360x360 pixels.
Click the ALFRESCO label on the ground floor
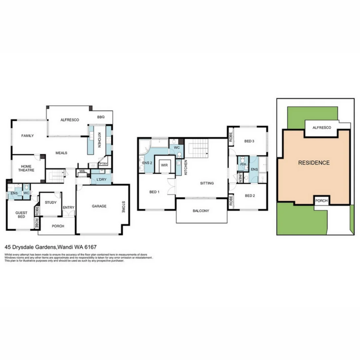click(70, 120)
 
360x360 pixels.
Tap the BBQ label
click(101, 117)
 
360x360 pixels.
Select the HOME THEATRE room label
click(26, 168)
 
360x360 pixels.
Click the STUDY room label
click(51, 202)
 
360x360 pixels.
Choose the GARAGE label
click(99, 206)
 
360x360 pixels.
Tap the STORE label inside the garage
click(123, 206)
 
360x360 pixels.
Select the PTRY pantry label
click(103, 164)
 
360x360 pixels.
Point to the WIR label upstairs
click(164, 165)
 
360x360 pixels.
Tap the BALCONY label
click(201, 211)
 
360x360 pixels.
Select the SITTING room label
click(207, 183)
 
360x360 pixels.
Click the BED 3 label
click(249, 141)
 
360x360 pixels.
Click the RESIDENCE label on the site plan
click(314, 163)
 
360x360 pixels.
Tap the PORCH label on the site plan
click(321, 201)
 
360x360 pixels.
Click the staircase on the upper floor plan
click(197, 149)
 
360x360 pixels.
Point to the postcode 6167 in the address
click(91, 247)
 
